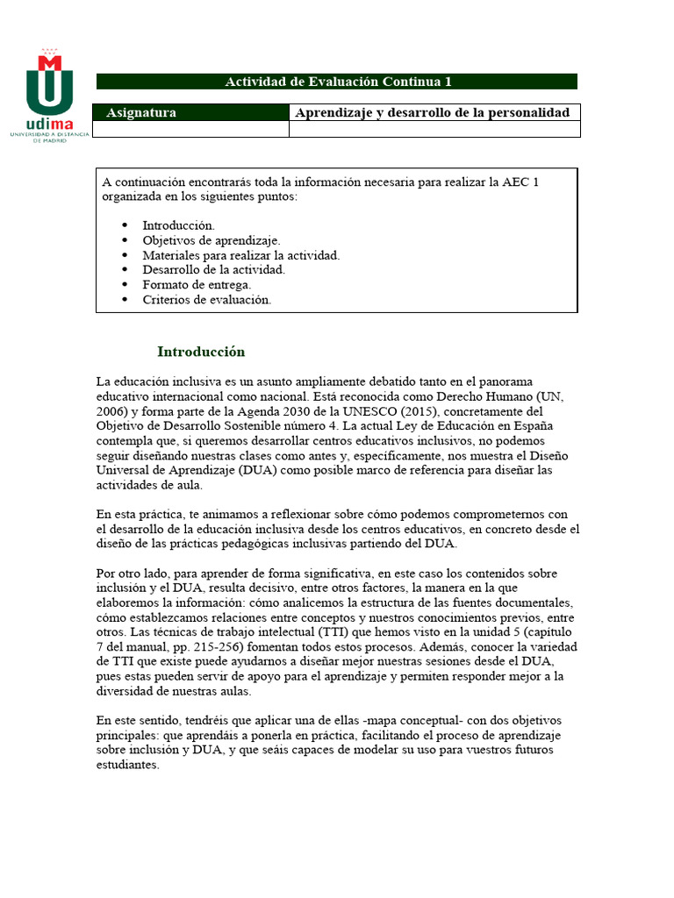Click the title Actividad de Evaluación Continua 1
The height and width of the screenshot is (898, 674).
(337, 82)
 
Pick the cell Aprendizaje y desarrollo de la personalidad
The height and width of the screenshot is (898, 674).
(434, 112)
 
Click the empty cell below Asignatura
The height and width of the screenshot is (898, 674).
(190, 129)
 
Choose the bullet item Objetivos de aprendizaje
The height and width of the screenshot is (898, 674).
(212, 239)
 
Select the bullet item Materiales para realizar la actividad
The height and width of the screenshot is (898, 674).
(240, 254)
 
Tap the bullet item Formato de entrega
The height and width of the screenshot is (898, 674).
(197, 284)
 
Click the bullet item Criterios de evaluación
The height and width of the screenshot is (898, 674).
(207, 299)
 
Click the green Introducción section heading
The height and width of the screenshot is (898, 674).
(201, 352)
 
